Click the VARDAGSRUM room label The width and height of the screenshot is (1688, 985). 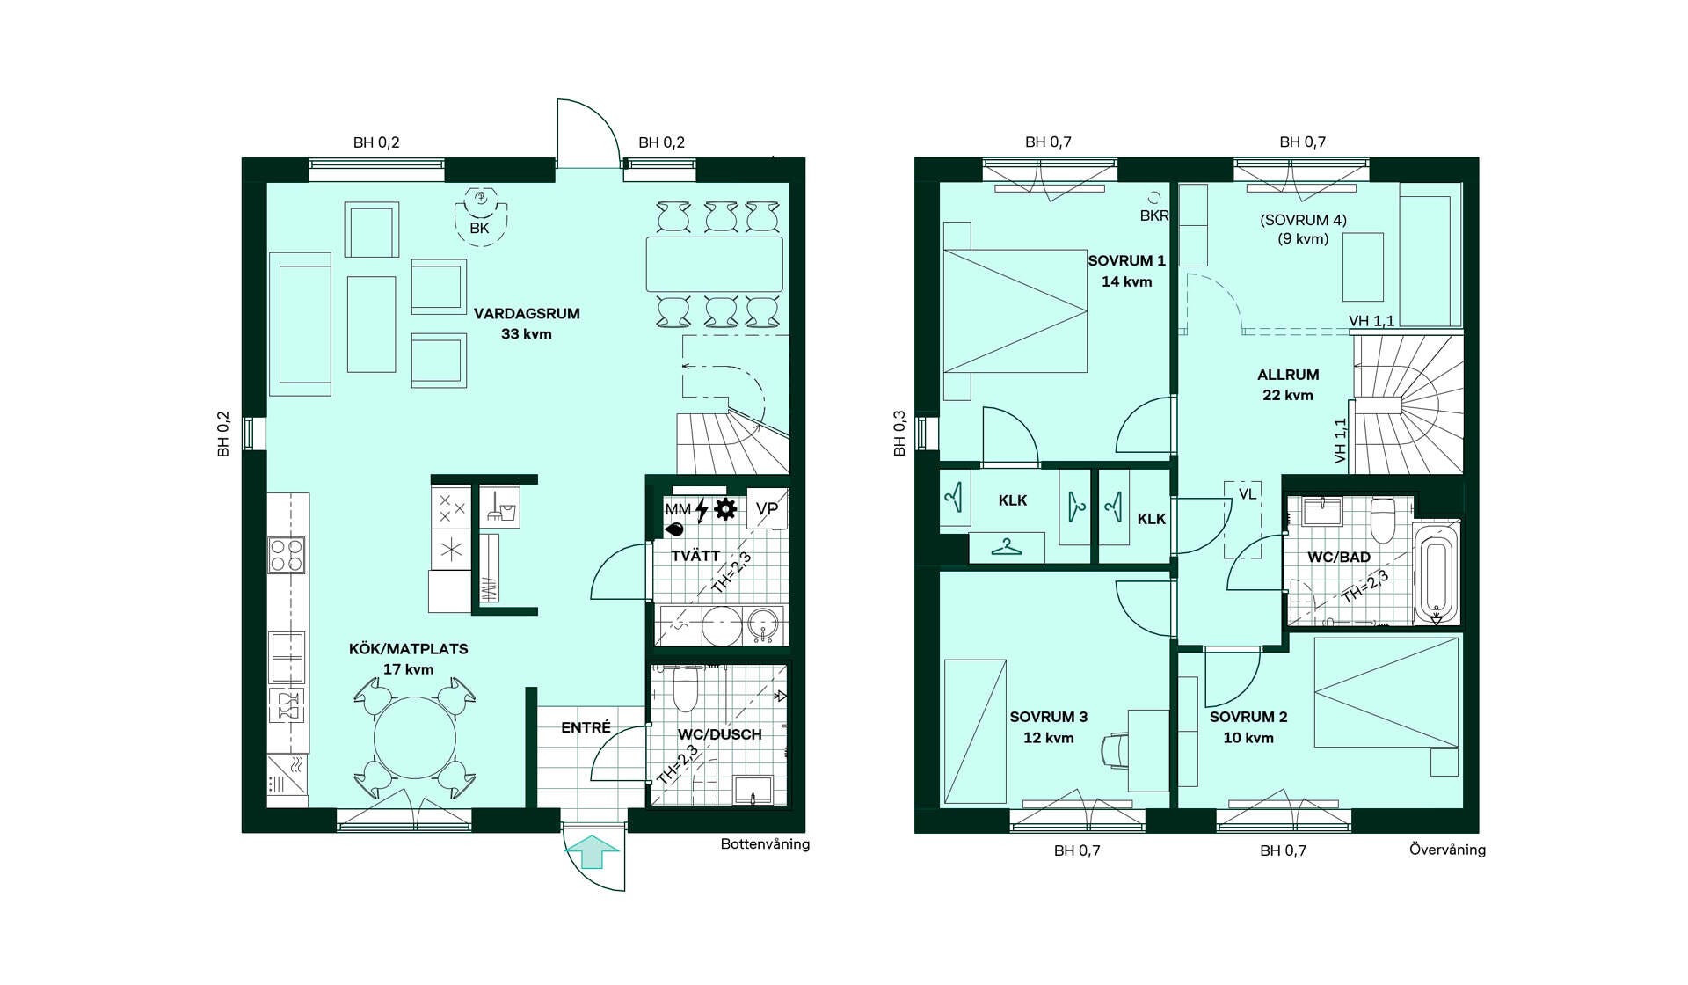(527, 313)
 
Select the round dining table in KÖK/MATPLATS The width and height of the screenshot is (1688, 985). (415, 737)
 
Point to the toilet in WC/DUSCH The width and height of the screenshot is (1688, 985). (685, 688)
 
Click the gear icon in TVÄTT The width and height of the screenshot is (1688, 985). (725, 509)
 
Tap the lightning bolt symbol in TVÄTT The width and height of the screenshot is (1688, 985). (702, 510)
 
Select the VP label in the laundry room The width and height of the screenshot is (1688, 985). (767, 508)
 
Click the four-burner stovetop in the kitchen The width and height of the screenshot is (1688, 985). (287, 555)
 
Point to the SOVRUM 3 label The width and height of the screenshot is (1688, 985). (1048, 717)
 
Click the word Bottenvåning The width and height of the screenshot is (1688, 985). (765, 844)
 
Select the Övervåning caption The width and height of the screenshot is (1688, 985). (1447, 850)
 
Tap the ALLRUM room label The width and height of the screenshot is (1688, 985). (1288, 375)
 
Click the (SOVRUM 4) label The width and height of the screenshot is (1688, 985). (1303, 220)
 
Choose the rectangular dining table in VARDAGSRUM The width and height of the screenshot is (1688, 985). (714, 264)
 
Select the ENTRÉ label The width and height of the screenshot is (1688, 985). (586, 727)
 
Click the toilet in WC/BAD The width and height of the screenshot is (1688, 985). (1383, 521)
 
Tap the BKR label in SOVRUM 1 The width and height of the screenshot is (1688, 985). (1153, 215)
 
